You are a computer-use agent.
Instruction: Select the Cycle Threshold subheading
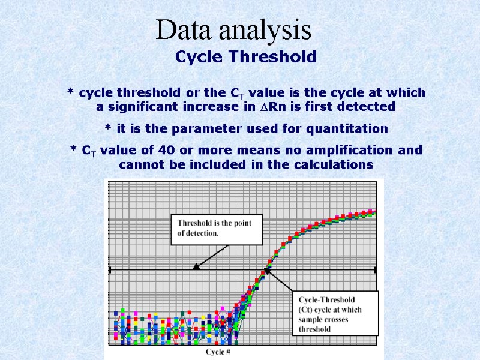pyautogui.click(x=245, y=57)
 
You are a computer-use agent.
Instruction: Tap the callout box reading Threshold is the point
pyautogui.click(x=217, y=229)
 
